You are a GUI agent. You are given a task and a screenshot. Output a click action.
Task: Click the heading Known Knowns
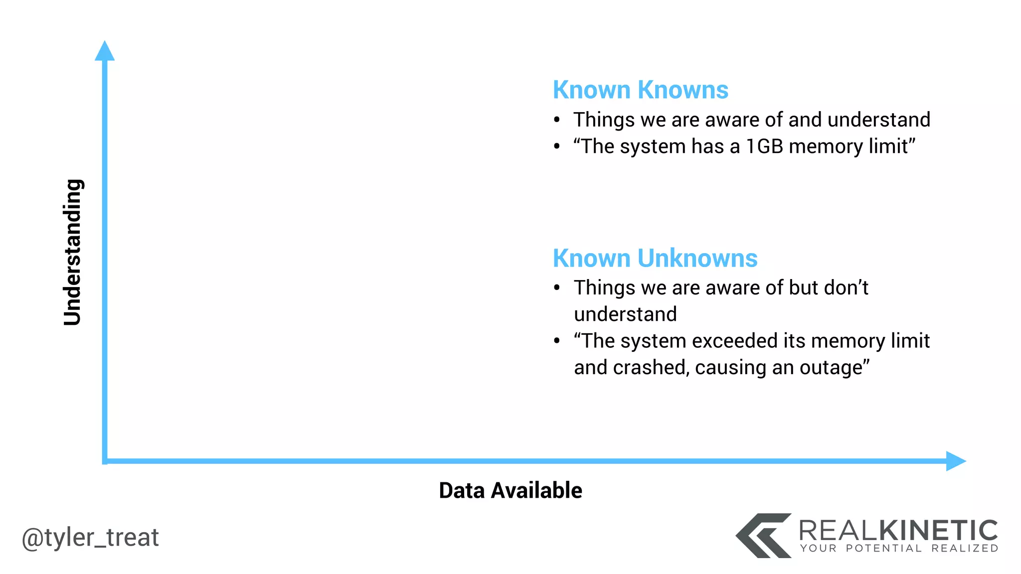(640, 90)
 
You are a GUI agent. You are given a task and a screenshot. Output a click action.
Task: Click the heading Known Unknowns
(655, 259)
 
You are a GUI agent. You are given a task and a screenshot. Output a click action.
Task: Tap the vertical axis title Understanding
(73, 252)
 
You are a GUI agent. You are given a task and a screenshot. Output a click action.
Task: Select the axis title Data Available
(510, 490)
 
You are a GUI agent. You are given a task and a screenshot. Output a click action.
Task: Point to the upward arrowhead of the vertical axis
(105, 51)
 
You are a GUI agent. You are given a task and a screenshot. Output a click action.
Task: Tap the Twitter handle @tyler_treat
(90, 538)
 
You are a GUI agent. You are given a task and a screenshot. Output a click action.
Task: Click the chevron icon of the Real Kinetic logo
(763, 536)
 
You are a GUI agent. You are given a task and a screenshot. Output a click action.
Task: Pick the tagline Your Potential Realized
(899, 549)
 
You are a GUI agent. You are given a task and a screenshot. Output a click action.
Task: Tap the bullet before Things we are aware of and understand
(557, 120)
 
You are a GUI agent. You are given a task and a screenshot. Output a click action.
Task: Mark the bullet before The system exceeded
(557, 341)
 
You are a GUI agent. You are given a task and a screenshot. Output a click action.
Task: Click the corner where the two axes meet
(105, 461)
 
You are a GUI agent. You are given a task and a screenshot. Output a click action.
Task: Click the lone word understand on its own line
(625, 314)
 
